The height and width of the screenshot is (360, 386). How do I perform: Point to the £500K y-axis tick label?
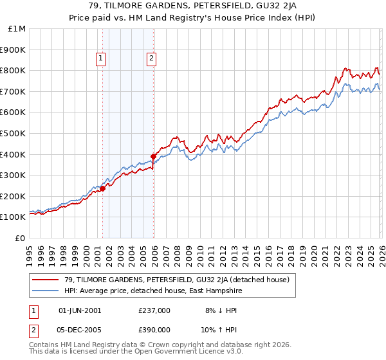pyautogui.click(x=13, y=133)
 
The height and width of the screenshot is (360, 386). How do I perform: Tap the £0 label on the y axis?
pyautogui.click(x=19, y=238)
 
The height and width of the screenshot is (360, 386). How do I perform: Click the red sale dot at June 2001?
pyautogui.click(x=102, y=188)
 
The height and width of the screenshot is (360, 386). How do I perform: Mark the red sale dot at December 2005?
pyautogui.click(x=154, y=156)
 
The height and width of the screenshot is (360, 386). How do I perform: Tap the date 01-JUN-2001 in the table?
pyautogui.click(x=80, y=310)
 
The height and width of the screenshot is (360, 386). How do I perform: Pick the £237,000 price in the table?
pyautogui.click(x=154, y=310)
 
